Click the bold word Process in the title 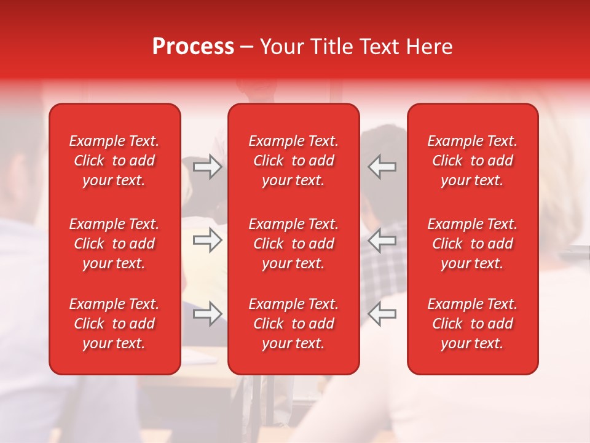[x=193, y=47]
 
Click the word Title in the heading [x=330, y=47]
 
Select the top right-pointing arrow [x=207, y=167]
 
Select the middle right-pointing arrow [x=207, y=240]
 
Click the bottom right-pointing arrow [x=207, y=314]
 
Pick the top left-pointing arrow [x=382, y=167]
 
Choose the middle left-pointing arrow [x=382, y=240]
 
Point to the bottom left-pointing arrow [x=382, y=314]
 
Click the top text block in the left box [x=114, y=161]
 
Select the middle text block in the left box [x=114, y=244]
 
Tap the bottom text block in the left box [x=114, y=324]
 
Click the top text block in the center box [x=294, y=161]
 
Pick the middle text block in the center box [x=294, y=244]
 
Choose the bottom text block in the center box [x=294, y=324]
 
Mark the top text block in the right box [x=473, y=161]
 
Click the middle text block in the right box [x=473, y=244]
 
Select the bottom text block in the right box [x=473, y=324]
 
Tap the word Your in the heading [x=281, y=47]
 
